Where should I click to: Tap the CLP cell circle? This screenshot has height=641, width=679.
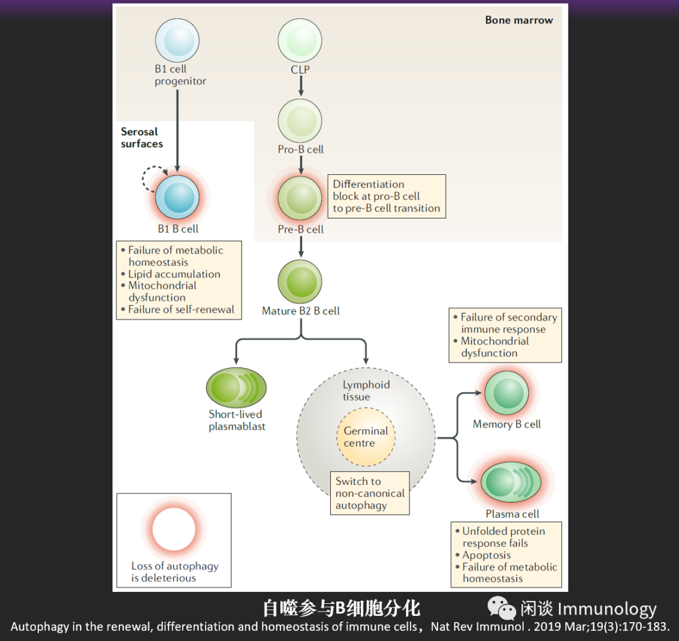click(300, 41)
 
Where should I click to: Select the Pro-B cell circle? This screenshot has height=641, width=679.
click(300, 121)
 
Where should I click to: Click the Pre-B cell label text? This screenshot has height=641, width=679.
click(301, 230)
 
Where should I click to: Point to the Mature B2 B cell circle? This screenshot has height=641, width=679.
click(300, 282)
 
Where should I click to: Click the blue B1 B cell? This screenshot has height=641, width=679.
click(177, 197)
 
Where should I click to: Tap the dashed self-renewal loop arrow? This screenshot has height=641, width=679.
click(152, 179)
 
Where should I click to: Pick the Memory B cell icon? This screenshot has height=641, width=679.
click(506, 393)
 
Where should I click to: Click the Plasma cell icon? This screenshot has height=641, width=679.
click(511, 482)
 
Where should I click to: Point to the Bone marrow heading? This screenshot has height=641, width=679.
click(519, 20)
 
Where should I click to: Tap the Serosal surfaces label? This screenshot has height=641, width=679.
click(141, 138)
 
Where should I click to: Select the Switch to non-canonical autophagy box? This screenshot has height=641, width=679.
click(370, 493)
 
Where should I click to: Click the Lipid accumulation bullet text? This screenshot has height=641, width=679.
click(174, 274)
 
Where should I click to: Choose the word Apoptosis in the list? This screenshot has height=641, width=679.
click(486, 555)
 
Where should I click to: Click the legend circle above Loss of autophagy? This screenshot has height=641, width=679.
click(174, 529)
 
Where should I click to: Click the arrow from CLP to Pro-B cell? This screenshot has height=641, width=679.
click(301, 87)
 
